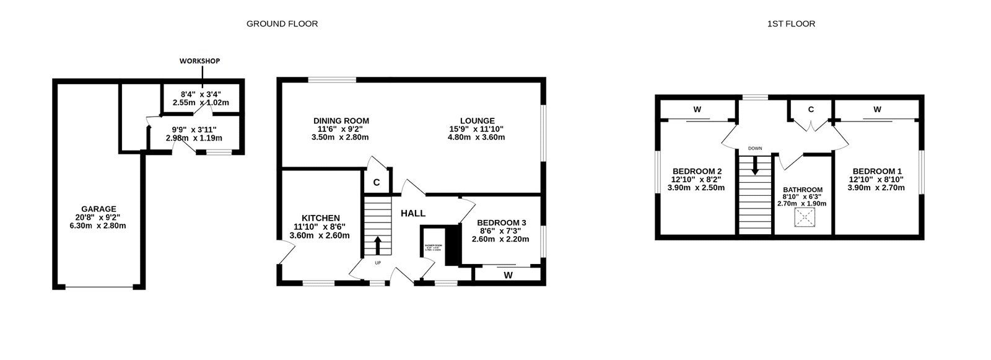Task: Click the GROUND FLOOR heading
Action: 282,24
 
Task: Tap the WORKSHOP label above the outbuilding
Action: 199,61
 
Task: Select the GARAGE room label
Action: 98,209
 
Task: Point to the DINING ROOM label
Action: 341,121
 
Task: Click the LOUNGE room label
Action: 477,121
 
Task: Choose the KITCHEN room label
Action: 320,218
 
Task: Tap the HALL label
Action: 413,214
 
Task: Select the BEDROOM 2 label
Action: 697,172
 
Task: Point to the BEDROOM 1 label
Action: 877,172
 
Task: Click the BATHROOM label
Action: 803,190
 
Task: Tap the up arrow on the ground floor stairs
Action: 377,245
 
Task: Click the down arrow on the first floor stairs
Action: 754,165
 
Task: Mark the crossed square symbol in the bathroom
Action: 804,217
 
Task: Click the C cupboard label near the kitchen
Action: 376,183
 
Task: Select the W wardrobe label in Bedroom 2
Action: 697,110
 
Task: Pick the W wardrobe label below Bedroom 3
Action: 508,274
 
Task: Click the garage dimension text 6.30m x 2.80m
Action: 98,226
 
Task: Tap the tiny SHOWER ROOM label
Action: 433,246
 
